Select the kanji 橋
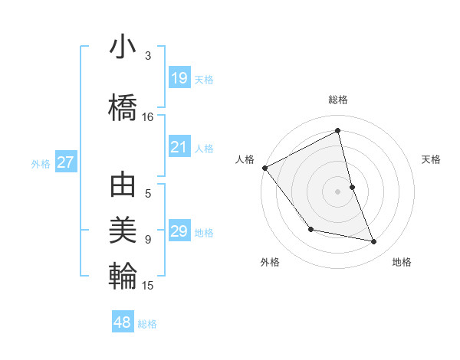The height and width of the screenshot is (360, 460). tap(123, 105)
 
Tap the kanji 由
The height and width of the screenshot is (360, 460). tap(123, 186)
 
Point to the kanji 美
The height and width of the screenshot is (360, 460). tap(123, 229)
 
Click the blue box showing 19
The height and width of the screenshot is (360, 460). tap(179, 78)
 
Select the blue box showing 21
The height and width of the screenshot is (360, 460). tap(179, 147)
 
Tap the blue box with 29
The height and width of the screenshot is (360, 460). tap(179, 231)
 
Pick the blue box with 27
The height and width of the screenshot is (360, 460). tap(65, 162)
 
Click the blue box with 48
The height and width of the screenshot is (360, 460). tap(123, 322)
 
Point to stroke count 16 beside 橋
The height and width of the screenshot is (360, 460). tap(148, 117)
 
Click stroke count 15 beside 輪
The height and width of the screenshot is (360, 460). tap(148, 286)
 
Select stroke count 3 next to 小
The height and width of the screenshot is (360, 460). tap(148, 56)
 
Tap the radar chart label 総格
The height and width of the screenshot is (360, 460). tap(337, 100)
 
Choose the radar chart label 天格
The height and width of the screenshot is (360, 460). tap(432, 159)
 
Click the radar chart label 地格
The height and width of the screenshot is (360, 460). tap(402, 263)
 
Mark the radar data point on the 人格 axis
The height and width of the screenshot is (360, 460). tap(264, 168)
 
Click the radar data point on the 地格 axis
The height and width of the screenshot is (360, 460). tap(374, 242)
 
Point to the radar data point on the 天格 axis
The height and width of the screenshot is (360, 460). tap(352, 187)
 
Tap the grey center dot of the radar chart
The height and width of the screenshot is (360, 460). tap(337, 191)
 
